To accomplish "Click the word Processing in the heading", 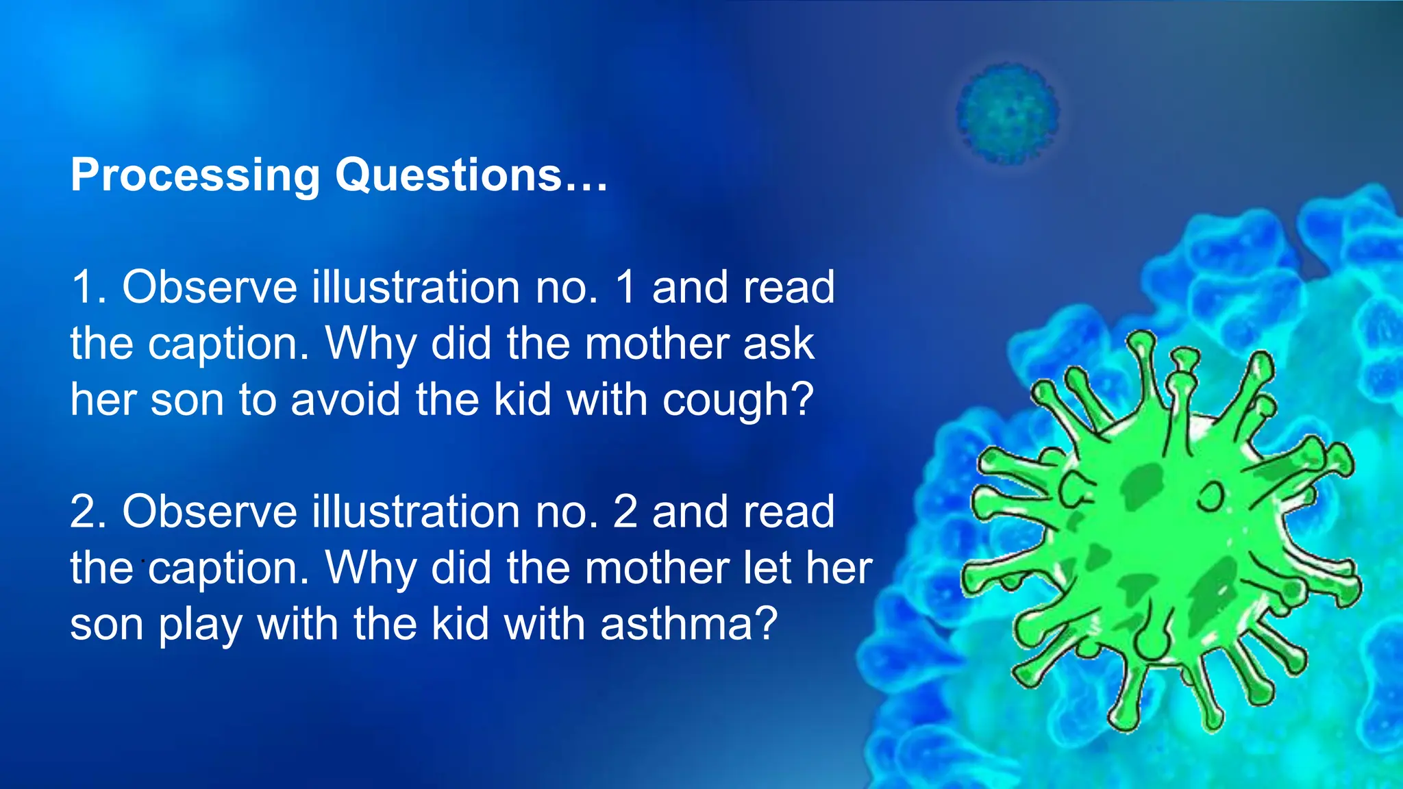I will tap(195, 175).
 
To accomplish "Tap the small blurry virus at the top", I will tap(1007, 114).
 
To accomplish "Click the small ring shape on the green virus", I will tap(1210, 496).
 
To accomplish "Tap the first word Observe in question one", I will tap(210, 287).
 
